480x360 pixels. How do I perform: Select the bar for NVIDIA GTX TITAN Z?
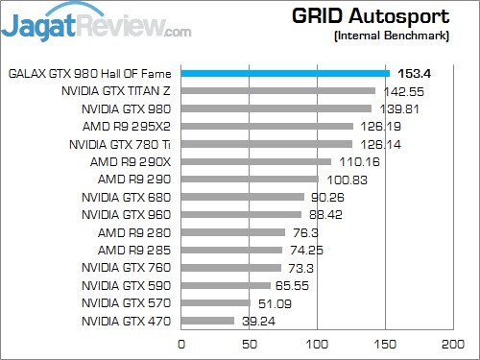point(277,91)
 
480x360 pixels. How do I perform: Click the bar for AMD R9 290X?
point(255,161)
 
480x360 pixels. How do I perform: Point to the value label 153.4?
point(415,73)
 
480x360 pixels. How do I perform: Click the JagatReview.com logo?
point(96,23)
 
